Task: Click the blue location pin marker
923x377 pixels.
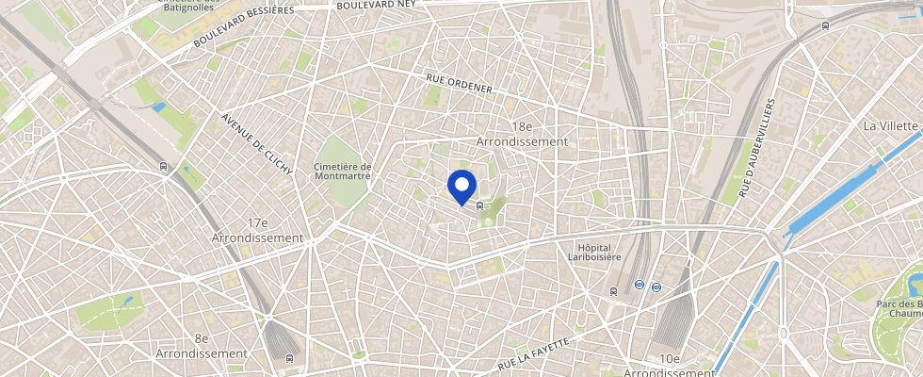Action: [x=461, y=186]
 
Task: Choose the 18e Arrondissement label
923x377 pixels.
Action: [x=523, y=134]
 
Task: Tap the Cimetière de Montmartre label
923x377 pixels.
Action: [x=342, y=171]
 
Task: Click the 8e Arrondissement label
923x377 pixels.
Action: [x=202, y=346]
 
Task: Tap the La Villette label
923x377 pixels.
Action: [x=891, y=125]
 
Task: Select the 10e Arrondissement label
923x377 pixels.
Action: [x=670, y=366]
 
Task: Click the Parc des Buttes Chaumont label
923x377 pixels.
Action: [x=899, y=310]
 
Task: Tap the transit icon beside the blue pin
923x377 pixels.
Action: [x=481, y=205]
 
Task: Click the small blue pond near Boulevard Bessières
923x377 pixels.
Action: [x=158, y=107]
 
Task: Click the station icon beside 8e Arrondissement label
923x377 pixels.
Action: [x=287, y=357]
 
